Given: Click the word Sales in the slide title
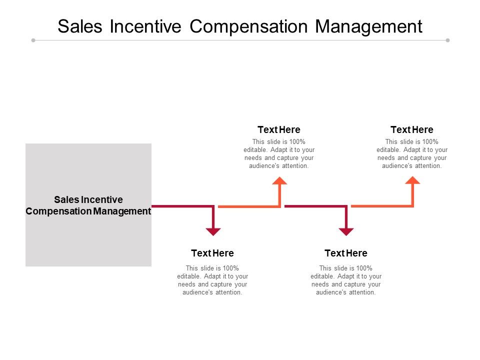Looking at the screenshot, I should pyautogui.click(x=80, y=26).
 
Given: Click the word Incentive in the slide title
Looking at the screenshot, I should pyautogui.click(x=145, y=26).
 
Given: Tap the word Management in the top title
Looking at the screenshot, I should pyautogui.click(x=369, y=26).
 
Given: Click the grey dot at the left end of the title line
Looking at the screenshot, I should pyautogui.click(x=33, y=40).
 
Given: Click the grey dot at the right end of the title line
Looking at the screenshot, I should pyautogui.click(x=447, y=40).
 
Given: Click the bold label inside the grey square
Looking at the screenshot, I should pyautogui.click(x=88, y=205).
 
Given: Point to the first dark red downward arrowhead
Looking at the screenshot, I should pyautogui.click(x=213, y=231).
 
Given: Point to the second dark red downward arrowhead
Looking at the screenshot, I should pyautogui.click(x=346, y=231).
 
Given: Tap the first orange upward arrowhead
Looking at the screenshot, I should pyautogui.click(x=279, y=180).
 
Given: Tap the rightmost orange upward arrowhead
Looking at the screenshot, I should pyautogui.click(x=412, y=180).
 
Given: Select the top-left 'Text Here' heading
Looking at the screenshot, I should pyautogui.click(x=279, y=130).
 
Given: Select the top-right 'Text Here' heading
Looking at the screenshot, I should pyautogui.click(x=412, y=130).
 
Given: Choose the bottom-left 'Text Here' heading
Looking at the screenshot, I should pyautogui.click(x=212, y=253).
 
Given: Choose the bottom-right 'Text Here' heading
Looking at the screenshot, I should pyautogui.click(x=345, y=253).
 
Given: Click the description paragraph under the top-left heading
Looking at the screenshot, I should pyautogui.click(x=279, y=153).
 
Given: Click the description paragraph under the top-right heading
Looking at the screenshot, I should pyautogui.click(x=412, y=153).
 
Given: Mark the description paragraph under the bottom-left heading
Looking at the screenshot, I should pyautogui.click(x=212, y=280).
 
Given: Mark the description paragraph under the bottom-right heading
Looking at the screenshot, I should pyautogui.click(x=345, y=280).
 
